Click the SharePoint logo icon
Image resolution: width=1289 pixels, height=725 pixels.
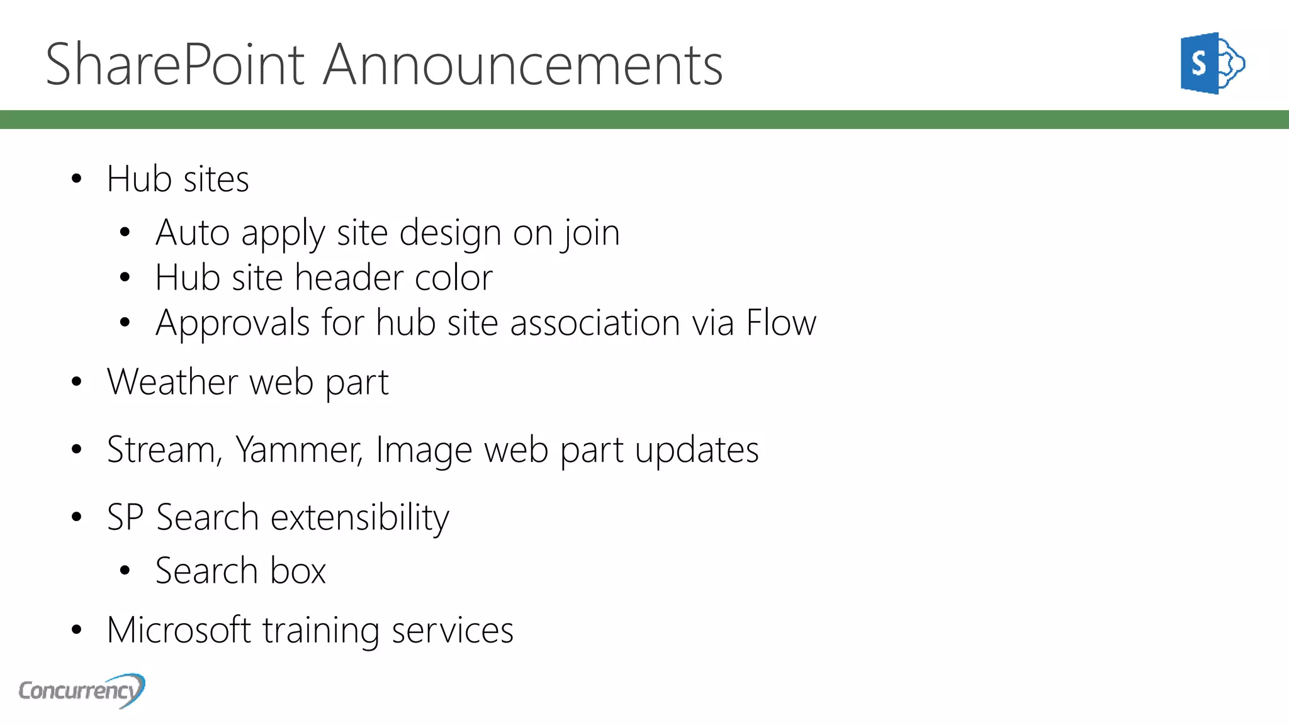[x=1212, y=64]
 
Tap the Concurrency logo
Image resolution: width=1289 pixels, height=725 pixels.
[x=82, y=690]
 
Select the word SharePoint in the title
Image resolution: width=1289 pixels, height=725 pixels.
[x=176, y=65]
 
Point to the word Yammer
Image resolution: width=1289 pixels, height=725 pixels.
[x=298, y=450]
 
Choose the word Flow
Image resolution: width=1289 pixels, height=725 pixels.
[x=780, y=323]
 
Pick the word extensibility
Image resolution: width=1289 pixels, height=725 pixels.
[x=359, y=518]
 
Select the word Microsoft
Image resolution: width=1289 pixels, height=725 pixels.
[x=179, y=630]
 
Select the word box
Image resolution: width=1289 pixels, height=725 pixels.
[x=298, y=571]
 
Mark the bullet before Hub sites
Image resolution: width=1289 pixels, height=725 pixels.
[x=77, y=179]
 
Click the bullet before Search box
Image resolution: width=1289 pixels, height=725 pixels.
[x=125, y=571]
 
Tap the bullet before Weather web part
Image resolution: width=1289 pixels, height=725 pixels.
[x=77, y=382]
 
